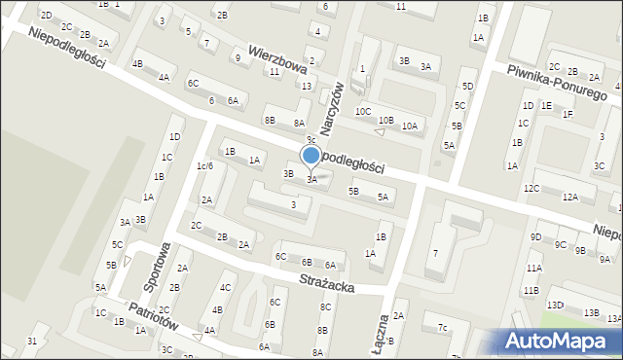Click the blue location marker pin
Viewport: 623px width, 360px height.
pos(311,156)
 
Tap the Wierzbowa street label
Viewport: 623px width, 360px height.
pos(277,57)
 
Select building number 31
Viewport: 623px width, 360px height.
pos(32,341)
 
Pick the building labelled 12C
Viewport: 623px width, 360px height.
pos(531,188)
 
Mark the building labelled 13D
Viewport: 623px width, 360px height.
pos(555,306)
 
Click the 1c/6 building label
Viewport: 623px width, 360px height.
pos(204,166)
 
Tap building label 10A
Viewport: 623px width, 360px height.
pos(410,126)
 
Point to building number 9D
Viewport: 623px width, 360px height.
pos(535,237)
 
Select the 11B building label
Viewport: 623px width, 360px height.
pos(531,290)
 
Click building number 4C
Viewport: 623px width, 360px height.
pos(226,287)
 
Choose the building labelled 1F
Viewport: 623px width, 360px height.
pos(567,115)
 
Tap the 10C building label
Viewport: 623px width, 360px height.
pos(363,112)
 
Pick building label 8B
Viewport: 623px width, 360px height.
pos(270,121)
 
